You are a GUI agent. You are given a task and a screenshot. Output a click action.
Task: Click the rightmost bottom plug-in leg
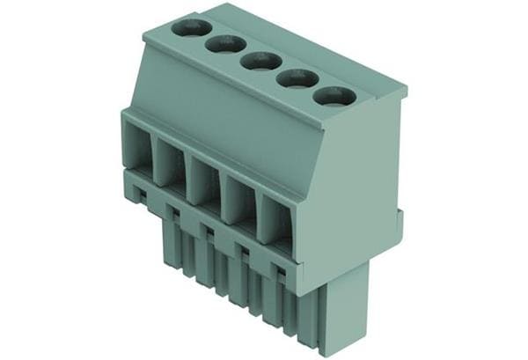(338, 317)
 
